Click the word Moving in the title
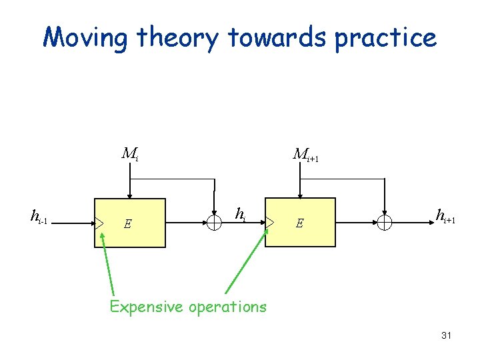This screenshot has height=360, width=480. (x=85, y=38)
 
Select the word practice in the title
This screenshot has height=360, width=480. (x=386, y=38)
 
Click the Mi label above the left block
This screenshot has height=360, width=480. (x=129, y=154)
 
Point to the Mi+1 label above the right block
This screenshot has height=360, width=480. (x=305, y=154)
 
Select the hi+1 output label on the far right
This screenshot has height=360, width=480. (x=445, y=215)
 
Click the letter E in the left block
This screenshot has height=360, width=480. (x=127, y=224)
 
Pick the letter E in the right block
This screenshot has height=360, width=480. (x=300, y=224)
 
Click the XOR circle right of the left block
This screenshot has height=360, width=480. (x=214, y=223)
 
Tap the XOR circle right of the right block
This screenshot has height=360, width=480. (x=385, y=223)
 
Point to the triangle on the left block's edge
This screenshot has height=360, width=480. (x=99, y=223)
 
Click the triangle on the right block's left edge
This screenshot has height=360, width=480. (x=269, y=223)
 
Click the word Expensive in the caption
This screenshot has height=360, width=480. (x=147, y=307)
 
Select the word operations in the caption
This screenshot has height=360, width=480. (x=227, y=307)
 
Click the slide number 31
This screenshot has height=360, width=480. (x=446, y=335)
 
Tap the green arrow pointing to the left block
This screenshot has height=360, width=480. (x=107, y=263)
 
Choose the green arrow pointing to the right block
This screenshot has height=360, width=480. (x=247, y=260)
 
